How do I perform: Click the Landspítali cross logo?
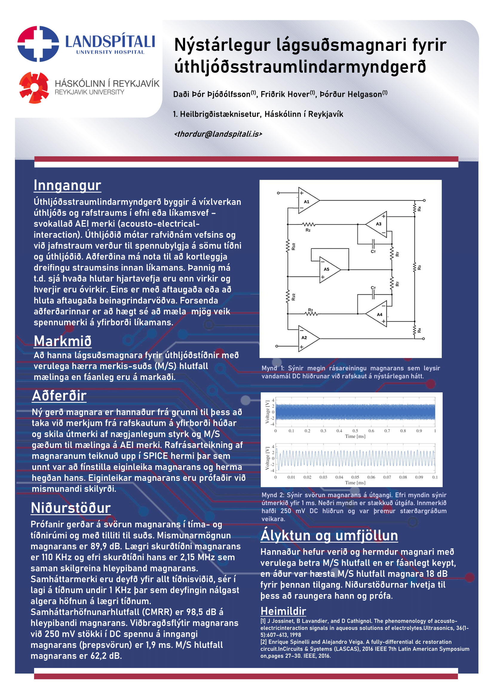pyautogui.click(x=38, y=44)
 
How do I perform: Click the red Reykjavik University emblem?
pyautogui.click(x=34, y=88)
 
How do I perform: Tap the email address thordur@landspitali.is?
pyautogui.click(x=218, y=134)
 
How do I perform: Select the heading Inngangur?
pyautogui.click(x=67, y=185)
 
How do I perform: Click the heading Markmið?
pyautogui.click(x=63, y=341)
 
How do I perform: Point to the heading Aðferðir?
pyautogui.click(x=59, y=395)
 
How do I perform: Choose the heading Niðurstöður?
pyautogui.click(x=70, y=508)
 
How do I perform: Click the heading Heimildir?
pyautogui.click(x=283, y=611)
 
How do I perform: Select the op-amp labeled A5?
pyautogui.click(x=328, y=270)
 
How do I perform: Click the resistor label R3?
pyautogui.click(x=419, y=267)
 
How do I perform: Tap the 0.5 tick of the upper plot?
pyautogui.click(x=355, y=431)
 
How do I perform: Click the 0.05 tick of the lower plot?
pyautogui.click(x=355, y=477)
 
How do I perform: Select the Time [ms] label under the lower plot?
pyautogui.click(x=355, y=483)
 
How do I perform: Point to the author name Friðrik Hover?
pyautogui.click(x=285, y=94)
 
